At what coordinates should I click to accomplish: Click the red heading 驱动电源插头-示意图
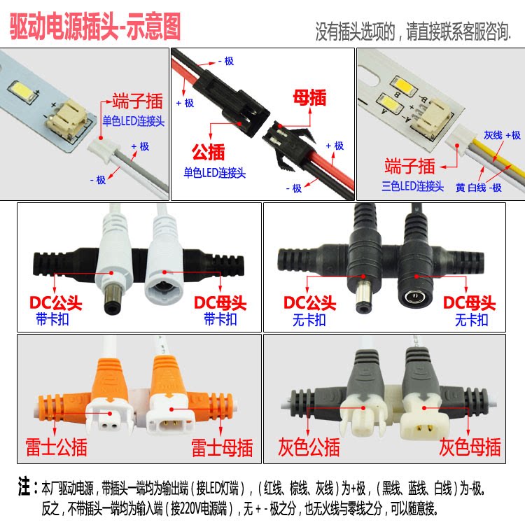pos(95,27)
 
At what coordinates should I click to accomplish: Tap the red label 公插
pos(208,152)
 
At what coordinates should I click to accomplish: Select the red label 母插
pos(309,98)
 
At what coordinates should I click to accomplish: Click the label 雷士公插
pos(56,447)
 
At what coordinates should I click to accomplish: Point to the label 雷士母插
pos(222,448)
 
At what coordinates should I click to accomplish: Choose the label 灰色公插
pos(309,447)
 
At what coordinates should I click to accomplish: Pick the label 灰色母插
pos(470,447)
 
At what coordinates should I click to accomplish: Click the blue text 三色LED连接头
pos(412,186)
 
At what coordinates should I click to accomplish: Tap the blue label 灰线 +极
pos(502,135)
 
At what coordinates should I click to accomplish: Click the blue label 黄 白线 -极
pos(479,188)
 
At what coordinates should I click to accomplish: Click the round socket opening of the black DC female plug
pos(415,297)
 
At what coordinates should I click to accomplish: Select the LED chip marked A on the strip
pos(390,104)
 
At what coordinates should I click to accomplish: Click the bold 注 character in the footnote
pos(24,487)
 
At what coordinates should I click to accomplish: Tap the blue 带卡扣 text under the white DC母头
pos(220,319)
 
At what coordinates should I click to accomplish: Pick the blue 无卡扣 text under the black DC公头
pos(309,320)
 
